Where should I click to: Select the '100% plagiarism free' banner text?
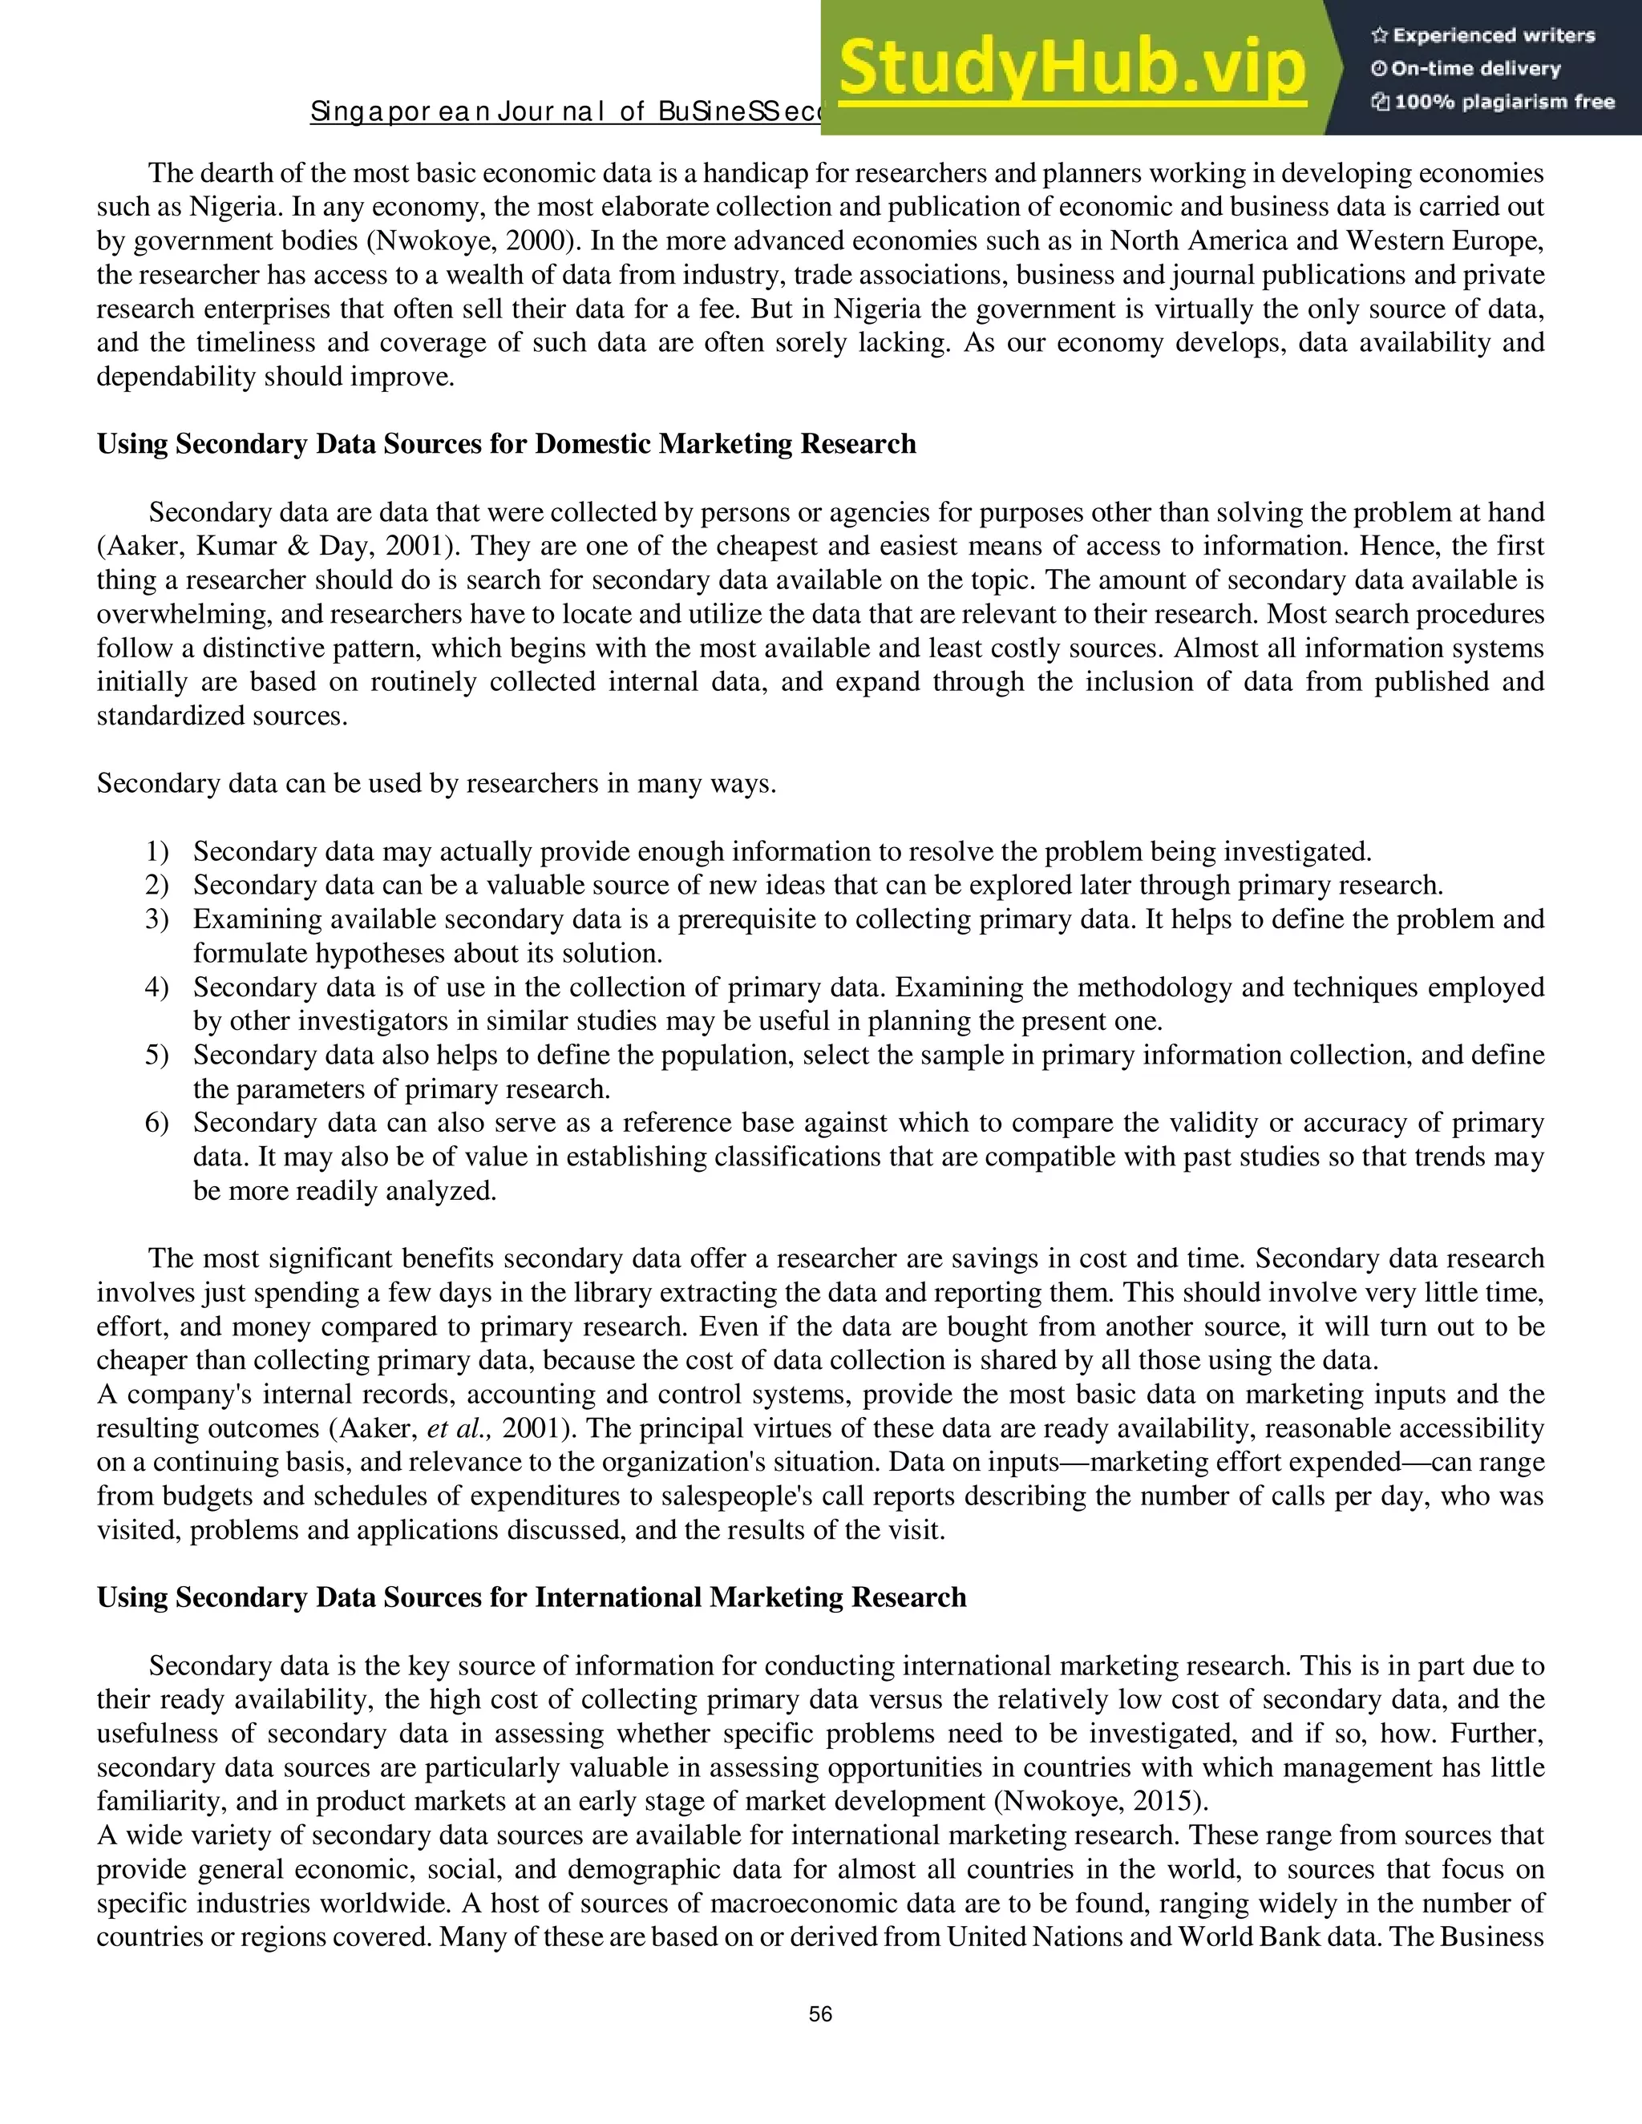(1493, 102)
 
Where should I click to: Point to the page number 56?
(820, 2014)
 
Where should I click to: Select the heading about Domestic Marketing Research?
(506, 445)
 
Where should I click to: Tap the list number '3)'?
(156, 919)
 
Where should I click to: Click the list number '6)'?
(156, 1123)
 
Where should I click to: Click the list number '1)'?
(156, 852)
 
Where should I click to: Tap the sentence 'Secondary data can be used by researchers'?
(436, 784)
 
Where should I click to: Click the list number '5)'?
(156, 1056)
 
